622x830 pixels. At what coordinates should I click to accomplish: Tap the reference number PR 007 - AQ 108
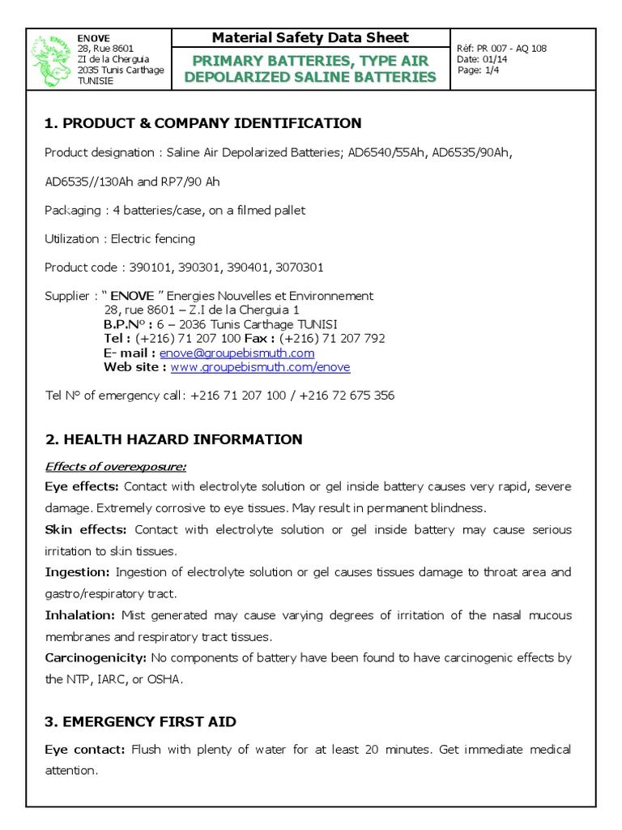513,49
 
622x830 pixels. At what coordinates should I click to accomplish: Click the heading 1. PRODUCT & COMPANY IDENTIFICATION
202,123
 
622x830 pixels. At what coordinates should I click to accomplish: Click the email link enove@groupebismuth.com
236,353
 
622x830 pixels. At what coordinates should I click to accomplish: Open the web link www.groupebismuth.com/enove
260,367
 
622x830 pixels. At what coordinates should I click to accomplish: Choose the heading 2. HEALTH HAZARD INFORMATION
173,439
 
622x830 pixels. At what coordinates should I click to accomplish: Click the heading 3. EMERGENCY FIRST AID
140,721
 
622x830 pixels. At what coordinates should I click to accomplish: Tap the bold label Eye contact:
84,750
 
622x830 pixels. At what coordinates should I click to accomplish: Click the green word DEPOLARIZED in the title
264,77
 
